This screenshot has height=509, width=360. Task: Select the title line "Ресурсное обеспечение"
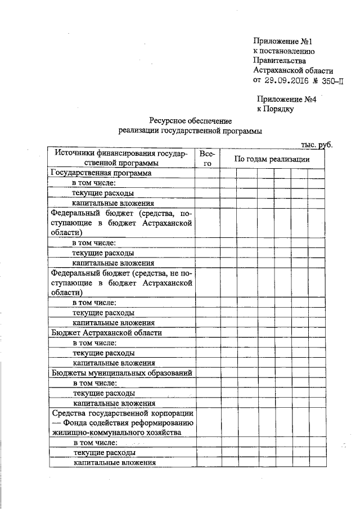(190, 120)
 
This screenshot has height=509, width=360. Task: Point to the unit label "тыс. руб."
(317, 145)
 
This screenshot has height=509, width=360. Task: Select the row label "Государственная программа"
(101, 173)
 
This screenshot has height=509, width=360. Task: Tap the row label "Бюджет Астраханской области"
(106, 332)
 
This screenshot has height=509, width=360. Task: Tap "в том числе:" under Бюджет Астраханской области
(94, 343)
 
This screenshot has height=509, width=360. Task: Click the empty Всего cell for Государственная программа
(206, 173)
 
